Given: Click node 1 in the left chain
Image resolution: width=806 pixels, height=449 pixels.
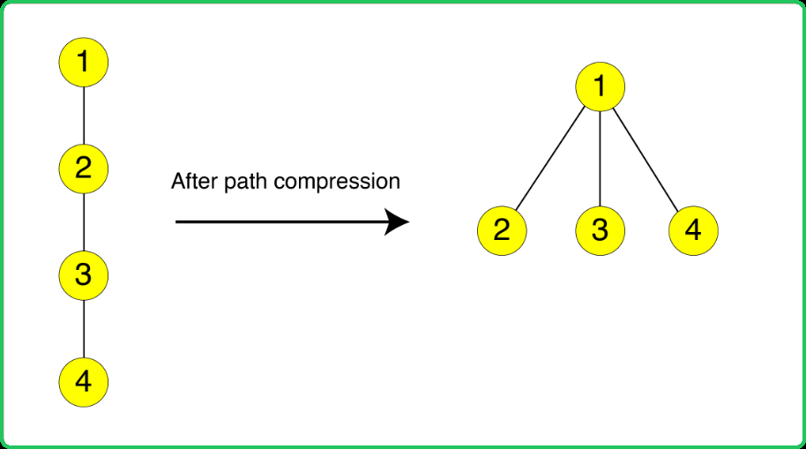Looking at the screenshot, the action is (84, 63).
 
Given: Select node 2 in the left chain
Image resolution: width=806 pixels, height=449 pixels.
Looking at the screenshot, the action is (84, 168).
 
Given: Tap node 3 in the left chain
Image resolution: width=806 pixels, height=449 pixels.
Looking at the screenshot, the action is (84, 275).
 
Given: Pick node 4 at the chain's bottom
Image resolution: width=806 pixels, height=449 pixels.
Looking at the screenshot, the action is (84, 382).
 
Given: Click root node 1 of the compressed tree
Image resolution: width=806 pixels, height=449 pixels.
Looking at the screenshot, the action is (600, 86).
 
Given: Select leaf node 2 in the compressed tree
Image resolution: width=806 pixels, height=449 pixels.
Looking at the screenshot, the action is (502, 230).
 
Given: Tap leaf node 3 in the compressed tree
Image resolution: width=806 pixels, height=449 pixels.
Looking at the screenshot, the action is (600, 230).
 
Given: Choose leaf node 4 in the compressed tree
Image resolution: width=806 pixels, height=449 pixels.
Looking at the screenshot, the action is (693, 230).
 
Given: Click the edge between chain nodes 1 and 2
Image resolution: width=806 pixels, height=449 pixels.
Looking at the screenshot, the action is (84, 116).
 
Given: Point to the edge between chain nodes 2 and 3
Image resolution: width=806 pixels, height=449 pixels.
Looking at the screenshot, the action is (84, 222).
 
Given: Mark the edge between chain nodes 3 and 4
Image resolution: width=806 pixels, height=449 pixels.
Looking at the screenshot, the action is (84, 329).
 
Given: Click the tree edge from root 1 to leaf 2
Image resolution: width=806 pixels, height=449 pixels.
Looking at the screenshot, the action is (550, 159).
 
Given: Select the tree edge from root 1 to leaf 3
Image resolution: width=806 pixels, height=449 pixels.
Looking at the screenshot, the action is (600, 159).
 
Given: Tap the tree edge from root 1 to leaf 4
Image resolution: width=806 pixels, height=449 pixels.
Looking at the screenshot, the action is (646, 160).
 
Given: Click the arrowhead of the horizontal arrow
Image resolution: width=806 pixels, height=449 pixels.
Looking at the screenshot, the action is (398, 222).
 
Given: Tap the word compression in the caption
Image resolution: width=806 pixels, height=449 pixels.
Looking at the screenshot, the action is (337, 182).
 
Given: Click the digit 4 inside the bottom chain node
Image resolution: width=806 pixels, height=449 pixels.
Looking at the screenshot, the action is (83, 382).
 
